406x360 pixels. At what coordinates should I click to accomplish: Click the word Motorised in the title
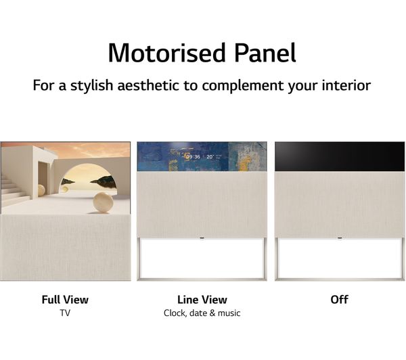(x=167, y=53)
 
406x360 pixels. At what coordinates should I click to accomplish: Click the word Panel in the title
(x=265, y=53)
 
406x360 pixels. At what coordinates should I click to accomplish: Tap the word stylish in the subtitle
(x=91, y=85)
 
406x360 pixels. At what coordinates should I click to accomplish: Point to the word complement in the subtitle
(x=243, y=86)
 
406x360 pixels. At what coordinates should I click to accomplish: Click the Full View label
(x=65, y=300)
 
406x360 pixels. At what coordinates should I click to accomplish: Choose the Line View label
(x=202, y=300)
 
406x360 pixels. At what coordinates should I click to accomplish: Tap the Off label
(x=339, y=300)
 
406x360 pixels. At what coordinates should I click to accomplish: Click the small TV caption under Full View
(x=65, y=313)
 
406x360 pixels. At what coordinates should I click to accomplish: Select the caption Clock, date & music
(x=202, y=313)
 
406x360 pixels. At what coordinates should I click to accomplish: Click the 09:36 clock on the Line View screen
(x=193, y=157)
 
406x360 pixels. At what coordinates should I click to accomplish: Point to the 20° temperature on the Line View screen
(x=210, y=157)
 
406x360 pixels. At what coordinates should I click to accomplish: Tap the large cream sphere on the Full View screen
(x=103, y=202)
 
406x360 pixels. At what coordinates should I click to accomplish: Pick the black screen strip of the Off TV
(x=340, y=156)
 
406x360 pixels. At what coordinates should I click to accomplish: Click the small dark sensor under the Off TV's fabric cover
(x=340, y=238)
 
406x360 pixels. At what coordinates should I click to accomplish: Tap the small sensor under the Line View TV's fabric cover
(x=202, y=238)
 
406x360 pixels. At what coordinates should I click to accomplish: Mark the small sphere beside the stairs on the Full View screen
(x=41, y=190)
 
